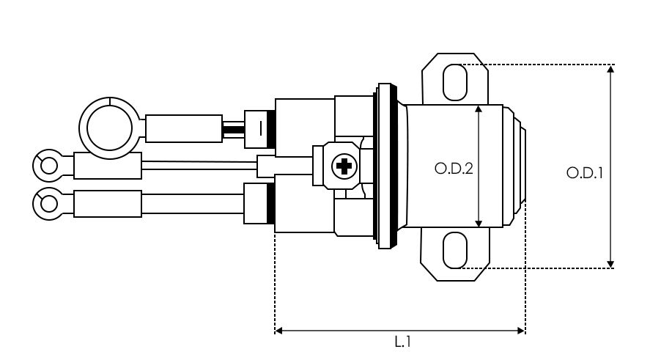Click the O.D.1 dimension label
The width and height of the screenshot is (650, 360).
click(585, 172)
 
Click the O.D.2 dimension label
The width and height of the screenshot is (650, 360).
click(454, 169)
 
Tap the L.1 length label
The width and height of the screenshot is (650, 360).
click(402, 342)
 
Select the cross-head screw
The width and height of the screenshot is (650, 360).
click(344, 166)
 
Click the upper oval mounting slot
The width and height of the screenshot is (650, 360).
click(455, 82)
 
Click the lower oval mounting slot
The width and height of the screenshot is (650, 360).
click(455, 250)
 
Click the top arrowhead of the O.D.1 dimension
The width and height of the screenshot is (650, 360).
click(610, 69)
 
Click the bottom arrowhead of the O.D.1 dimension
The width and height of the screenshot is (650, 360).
click(610, 264)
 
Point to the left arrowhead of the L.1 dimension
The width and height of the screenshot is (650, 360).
click(278, 331)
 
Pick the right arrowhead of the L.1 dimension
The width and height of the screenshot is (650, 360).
click(521, 331)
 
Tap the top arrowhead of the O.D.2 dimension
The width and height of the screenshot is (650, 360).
click(479, 109)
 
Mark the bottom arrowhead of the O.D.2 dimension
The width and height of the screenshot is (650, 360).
click(479, 223)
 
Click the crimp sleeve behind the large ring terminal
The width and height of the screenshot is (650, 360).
click(184, 128)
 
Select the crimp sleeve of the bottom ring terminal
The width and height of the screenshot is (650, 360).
click(108, 204)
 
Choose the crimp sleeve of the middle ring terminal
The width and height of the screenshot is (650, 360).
click(108, 166)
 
